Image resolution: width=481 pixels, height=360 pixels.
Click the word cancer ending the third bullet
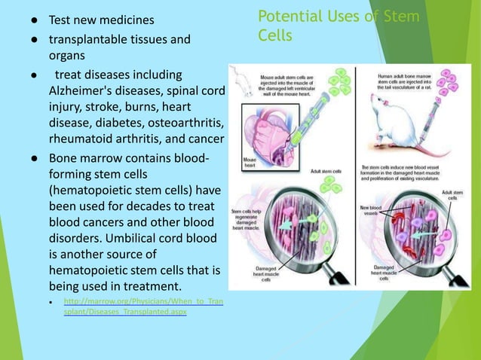(204, 141)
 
